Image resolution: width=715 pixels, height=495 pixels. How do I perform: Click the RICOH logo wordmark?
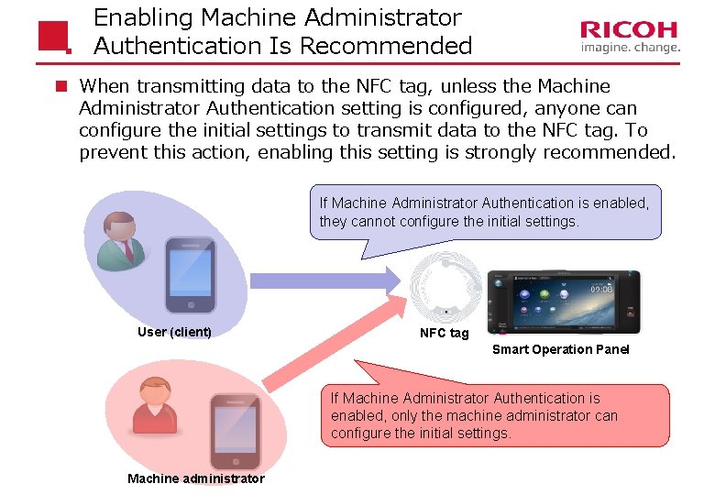coord(630,30)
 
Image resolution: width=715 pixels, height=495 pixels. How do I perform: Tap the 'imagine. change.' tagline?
coord(630,48)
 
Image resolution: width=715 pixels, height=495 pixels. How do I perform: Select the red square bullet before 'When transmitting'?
coord(60,87)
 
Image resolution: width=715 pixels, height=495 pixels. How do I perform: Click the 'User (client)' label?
coord(174,332)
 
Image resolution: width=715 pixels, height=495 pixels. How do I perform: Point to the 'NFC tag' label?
coord(444,333)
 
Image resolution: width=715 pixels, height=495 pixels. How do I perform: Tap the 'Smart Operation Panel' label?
coord(561,349)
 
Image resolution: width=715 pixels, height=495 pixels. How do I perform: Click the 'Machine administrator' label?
coord(196,478)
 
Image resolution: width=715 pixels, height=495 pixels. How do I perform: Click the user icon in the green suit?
coord(120,240)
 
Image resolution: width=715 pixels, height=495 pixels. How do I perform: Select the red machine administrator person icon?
coord(154,405)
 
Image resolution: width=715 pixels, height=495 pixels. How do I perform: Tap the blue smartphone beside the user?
coord(191,275)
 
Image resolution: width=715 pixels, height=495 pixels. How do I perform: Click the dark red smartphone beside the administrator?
coord(236,433)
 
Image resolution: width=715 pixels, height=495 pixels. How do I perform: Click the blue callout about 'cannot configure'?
coord(485,212)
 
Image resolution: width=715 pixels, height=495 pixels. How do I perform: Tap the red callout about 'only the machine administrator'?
coord(495,415)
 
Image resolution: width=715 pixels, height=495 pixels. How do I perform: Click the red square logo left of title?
coord(54,36)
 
